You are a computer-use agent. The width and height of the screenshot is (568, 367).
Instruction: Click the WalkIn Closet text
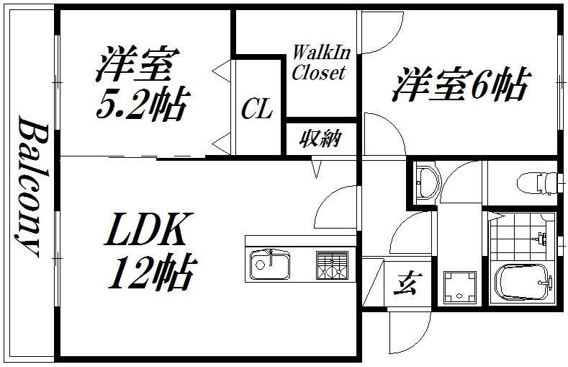coord(318,63)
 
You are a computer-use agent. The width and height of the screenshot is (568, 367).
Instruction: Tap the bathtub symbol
coord(523,284)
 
